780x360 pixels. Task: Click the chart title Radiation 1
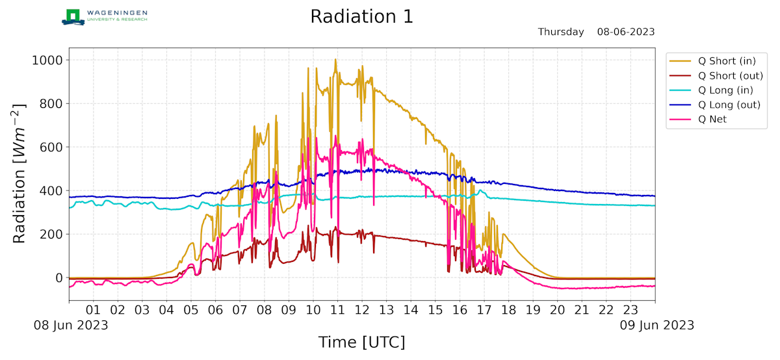[x=361, y=16]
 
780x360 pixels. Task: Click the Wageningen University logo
[x=105, y=16]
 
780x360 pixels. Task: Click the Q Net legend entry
[x=712, y=120]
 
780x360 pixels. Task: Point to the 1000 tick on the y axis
[x=47, y=60]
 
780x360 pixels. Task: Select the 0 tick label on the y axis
[x=59, y=278]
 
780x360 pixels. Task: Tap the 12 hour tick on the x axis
[x=362, y=310]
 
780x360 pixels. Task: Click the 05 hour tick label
[x=191, y=310]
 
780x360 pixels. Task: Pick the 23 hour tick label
[x=630, y=310]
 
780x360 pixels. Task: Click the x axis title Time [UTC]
[x=361, y=342]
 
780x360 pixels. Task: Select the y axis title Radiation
[x=20, y=172]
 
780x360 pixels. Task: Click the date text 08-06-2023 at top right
[x=626, y=32]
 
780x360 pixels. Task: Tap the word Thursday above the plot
[x=561, y=32]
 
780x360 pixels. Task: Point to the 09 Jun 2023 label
[x=655, y=325]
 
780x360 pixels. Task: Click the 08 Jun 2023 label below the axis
[x=71, y=325]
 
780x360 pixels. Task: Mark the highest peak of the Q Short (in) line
[x=335, y=60]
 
